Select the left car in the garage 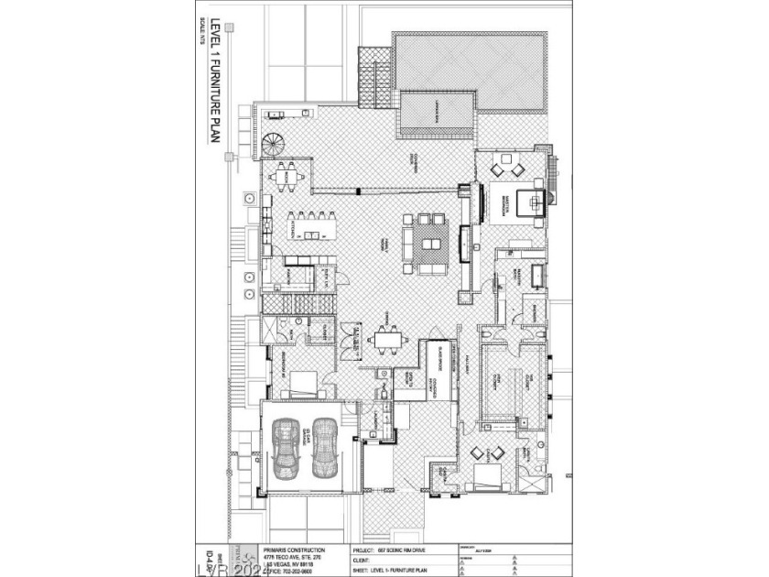[x=287, y=448]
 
